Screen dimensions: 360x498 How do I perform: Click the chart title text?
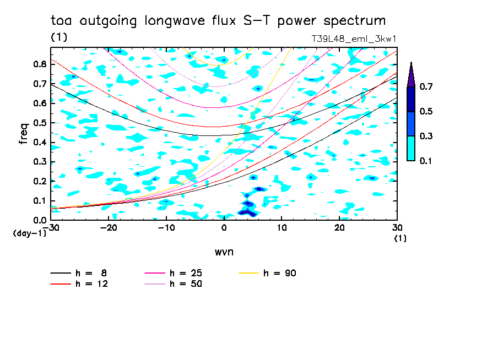pyautogui.click(x=218, y=21)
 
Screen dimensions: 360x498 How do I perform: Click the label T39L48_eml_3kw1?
pyautogui.click(x=353, y=39)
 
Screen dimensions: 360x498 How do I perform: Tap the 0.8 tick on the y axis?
pyautogui.click(x=39, y=64)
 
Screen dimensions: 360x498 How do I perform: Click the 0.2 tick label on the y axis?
pyautogui.click(x=39, y=181)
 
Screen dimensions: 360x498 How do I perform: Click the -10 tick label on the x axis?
pyautogui.click(x=166, y=227)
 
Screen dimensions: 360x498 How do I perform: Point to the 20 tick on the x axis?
pyautogui.click(x=339, y=227)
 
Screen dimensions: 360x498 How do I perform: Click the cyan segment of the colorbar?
pyautogui.click(x=411, y=148)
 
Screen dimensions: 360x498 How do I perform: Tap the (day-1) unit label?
pyautogui.click(x=29, y=234)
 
